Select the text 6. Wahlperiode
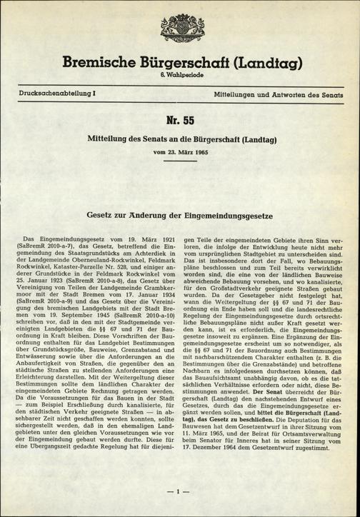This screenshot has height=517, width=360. pyautogui.click(x=180, y=76)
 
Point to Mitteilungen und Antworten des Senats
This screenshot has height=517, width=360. pyautogui.click(x=271, y=94)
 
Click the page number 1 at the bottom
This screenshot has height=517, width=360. pyautogui.click(x=180, y=493)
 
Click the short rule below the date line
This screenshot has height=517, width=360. pyautogui.click(x=180, y=161)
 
